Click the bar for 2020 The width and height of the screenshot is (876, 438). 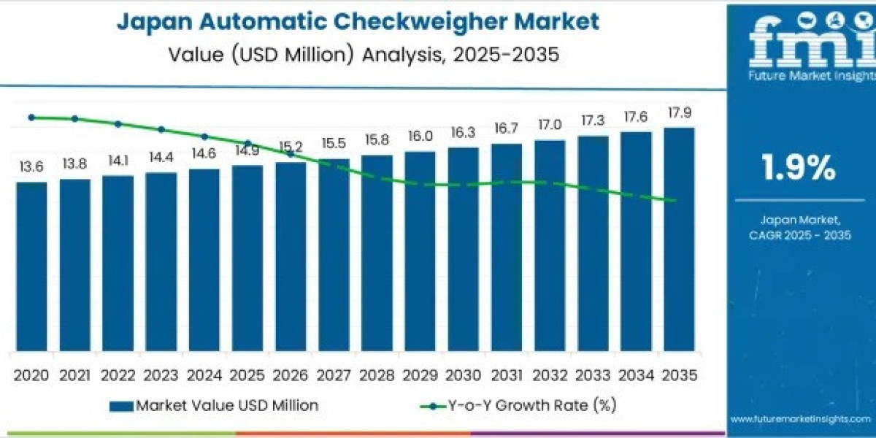pos(31,266)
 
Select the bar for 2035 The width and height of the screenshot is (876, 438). pos(679,239)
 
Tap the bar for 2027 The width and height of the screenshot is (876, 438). pos(334,255)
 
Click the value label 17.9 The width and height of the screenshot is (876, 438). pos(679,113)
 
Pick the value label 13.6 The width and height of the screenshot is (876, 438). pos(31,167)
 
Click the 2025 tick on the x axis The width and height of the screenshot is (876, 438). pos(247,375)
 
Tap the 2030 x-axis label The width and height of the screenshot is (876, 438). pos(463,375)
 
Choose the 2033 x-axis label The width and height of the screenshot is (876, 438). pos(592,375)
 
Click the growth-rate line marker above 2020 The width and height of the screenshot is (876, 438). pos(31,117)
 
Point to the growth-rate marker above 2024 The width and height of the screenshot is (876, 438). pos(204,137)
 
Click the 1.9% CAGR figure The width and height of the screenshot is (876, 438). pos(799,169)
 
